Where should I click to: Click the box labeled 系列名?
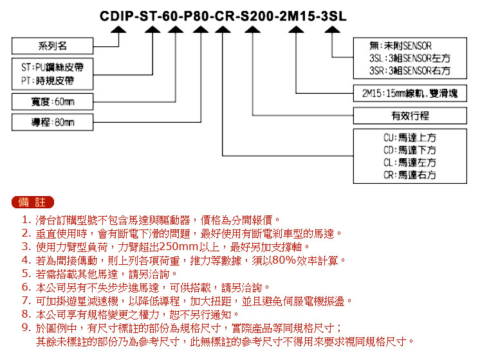pos(52,46)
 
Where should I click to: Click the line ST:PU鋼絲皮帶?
pos(52,67)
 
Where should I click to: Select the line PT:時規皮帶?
pos(48,81)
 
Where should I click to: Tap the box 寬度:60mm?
pos(52,102)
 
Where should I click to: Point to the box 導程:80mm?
pos(52,122)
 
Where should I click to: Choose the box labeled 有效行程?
pos(410,116)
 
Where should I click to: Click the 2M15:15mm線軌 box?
pos(410,93)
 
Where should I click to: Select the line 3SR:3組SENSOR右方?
pos(410,71)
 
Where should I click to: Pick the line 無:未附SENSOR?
pos(400,46)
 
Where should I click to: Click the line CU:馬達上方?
pos(410,138)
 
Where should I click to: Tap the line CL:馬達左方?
pos(410,163)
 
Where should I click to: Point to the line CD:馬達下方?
pos(410,150)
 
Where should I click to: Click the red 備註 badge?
pos(32,202)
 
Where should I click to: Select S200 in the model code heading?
pos(257,16)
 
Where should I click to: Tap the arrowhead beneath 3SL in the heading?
pos(332,30)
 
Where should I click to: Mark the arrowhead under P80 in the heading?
pos(201,30)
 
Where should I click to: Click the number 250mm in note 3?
pos(179,246)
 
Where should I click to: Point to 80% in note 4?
pos(284,260)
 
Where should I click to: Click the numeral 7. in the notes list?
pos(26,301)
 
